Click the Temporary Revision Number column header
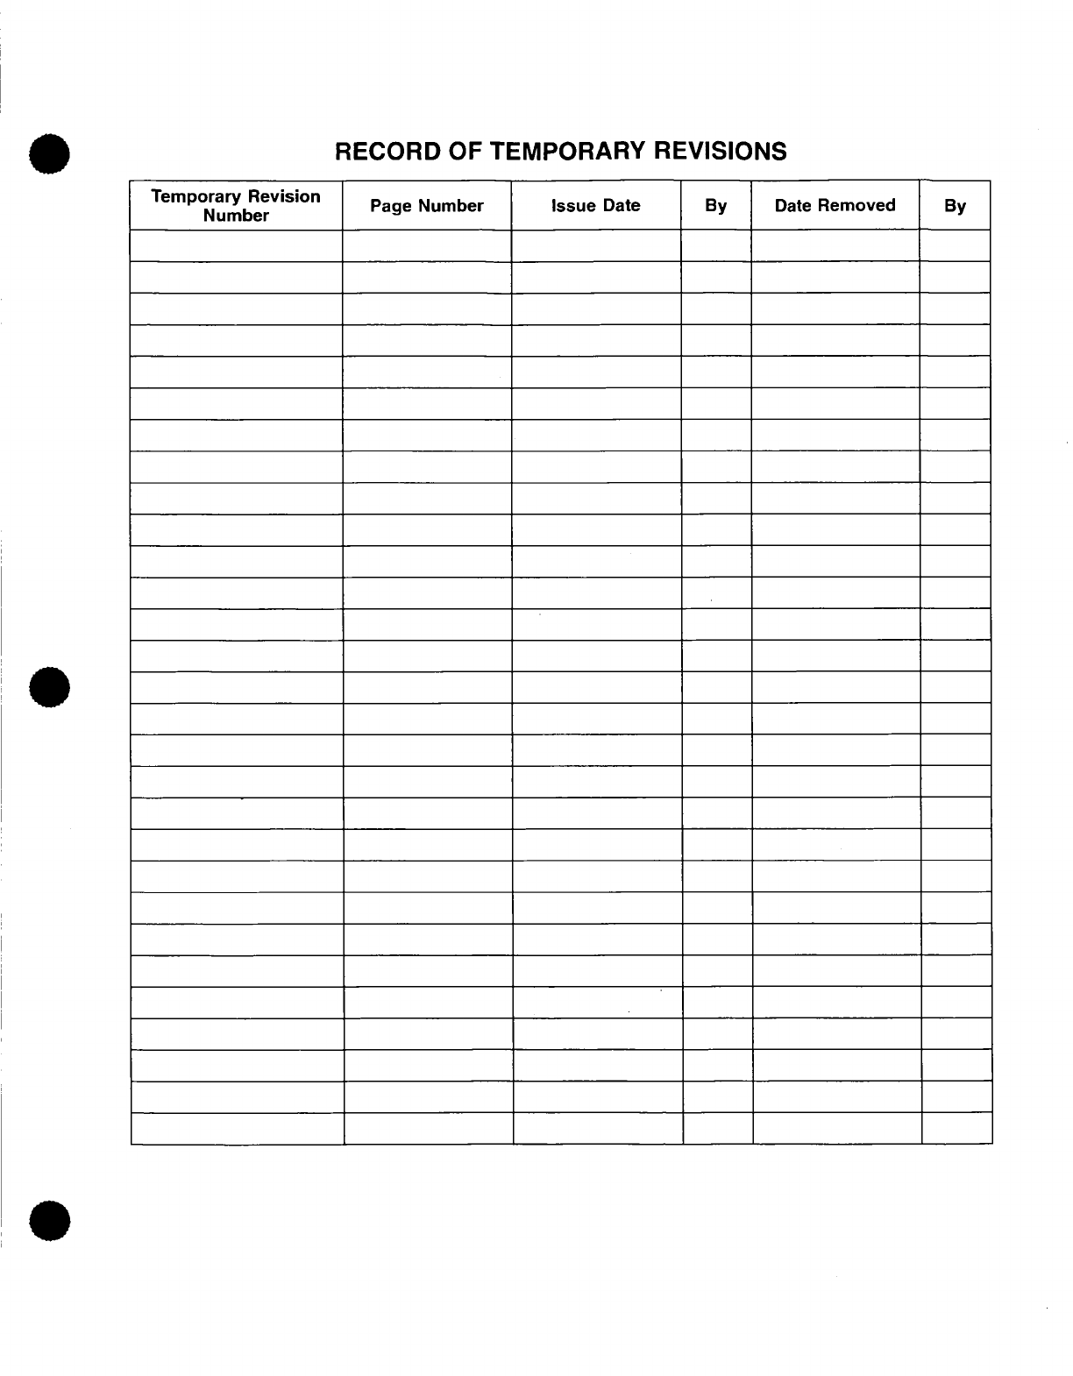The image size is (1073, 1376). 236,206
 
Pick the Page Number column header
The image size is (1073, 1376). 427,206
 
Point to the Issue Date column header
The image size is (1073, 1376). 596,206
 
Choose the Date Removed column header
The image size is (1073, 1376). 835,206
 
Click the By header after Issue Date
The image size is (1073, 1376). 716,206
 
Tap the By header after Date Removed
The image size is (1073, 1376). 955,206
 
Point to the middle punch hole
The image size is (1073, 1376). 49,686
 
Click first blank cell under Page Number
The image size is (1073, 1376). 427,245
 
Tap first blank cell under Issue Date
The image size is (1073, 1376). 596,245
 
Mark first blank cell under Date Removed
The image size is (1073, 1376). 835,245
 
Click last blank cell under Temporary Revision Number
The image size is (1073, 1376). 237,1129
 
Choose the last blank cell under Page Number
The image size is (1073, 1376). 428,1129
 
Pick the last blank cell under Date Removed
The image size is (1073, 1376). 837,1129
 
